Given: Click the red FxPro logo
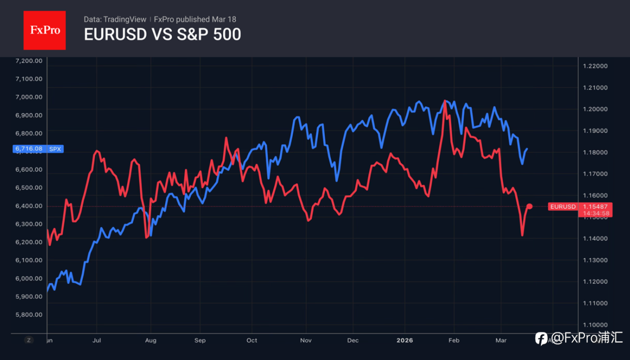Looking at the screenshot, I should (45, 30).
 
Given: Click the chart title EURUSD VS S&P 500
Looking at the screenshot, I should (162, 35).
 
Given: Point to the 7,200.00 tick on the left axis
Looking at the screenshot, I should (30, 61).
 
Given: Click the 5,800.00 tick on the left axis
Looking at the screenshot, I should (30, 315).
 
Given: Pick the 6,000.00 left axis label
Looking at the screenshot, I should (30, 278).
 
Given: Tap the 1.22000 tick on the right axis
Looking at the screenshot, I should (595, 66).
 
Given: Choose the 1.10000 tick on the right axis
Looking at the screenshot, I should (595, 325).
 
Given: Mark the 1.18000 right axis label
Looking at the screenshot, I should (595, 152).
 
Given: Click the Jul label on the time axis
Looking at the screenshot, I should (97, 340).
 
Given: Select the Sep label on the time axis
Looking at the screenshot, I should (200, 340).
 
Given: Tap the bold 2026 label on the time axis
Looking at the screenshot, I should (405, 340).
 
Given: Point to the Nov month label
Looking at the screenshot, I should (306, 340).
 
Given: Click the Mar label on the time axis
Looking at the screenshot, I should (501, 340).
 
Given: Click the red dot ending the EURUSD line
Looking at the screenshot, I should (530, 206).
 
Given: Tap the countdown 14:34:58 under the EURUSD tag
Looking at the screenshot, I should (597, 213).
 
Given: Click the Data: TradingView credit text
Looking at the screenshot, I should (115, 19).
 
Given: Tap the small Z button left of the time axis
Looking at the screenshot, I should (29, 340).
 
